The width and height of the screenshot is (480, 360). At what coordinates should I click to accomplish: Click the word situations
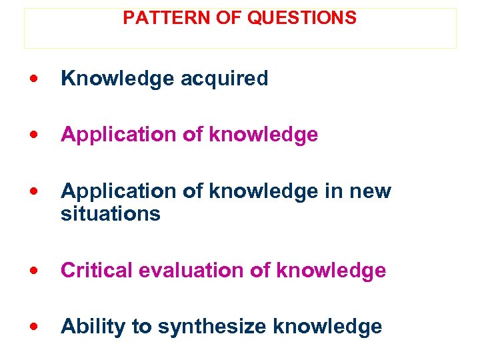111,214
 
